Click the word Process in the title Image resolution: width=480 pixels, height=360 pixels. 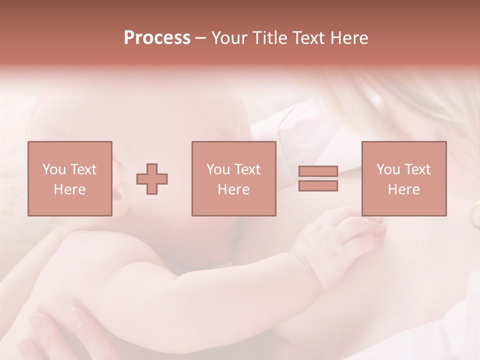coord(157,38)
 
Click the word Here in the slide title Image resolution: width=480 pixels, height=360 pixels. coord(348,38)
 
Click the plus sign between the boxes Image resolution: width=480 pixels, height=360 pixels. coord(152,178)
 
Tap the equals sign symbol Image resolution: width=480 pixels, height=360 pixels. coord(318,178)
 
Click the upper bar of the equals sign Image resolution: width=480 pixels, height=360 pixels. coord(318,171)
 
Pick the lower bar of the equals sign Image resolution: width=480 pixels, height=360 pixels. coord(318,186)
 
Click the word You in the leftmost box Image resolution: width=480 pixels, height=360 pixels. coord(54,169)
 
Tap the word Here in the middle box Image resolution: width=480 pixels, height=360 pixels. coord(233,189)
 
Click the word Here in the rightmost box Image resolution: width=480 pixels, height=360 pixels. coord(403,189)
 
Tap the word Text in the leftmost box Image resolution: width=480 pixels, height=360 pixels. coord(83,169)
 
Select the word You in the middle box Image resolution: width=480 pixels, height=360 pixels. coord(218,169)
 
